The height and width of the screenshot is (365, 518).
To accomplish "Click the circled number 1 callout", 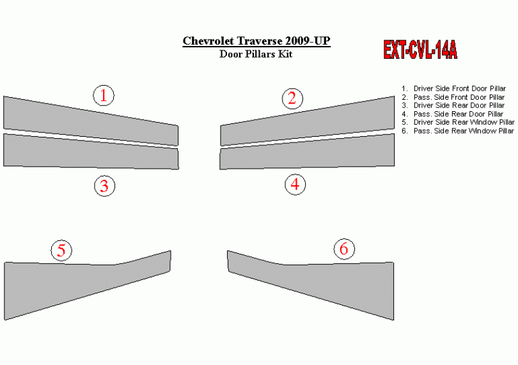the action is coord(104,95).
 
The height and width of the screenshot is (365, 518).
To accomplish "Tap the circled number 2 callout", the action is coord(292,98).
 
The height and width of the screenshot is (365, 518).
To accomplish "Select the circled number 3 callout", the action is coord(104,185).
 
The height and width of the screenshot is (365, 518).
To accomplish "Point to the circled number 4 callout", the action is coord(295,184).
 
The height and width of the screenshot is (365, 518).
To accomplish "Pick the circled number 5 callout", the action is coord(61,251).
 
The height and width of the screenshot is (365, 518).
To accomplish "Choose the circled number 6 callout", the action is coord(344,249).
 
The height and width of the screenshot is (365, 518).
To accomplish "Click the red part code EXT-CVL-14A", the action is coord(420,50).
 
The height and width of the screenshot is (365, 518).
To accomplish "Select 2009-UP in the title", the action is coord(308,41).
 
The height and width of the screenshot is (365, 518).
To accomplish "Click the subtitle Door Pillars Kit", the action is coord(256,54).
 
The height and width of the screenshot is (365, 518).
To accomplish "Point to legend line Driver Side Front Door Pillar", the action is coord(453,88).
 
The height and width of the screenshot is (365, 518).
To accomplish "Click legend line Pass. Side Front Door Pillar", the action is coord(453,97).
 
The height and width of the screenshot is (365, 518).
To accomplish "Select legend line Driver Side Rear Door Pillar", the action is coord(453,105).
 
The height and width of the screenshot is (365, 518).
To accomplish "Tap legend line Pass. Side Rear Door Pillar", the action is coord(452,114).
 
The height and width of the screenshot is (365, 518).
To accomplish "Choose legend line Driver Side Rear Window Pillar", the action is coord(458,122).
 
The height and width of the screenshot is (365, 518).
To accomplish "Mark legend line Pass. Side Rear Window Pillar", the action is coord(457,131).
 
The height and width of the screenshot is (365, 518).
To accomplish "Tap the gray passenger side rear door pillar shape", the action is coord(307,151).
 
